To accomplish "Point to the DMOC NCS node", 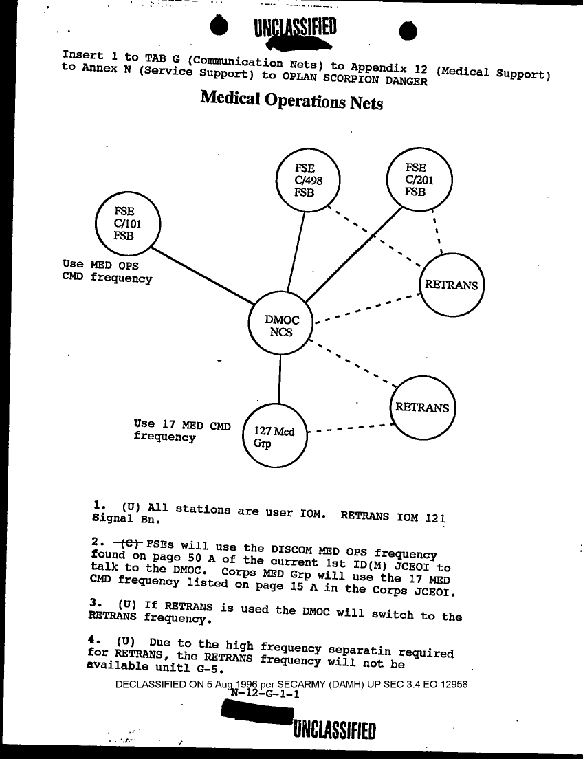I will pos(282,326).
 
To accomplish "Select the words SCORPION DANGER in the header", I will pos(378,78).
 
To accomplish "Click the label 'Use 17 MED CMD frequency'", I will pos(182,430).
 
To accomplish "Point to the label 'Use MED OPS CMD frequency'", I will pos(107,272).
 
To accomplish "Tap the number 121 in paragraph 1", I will pos(434,516).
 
